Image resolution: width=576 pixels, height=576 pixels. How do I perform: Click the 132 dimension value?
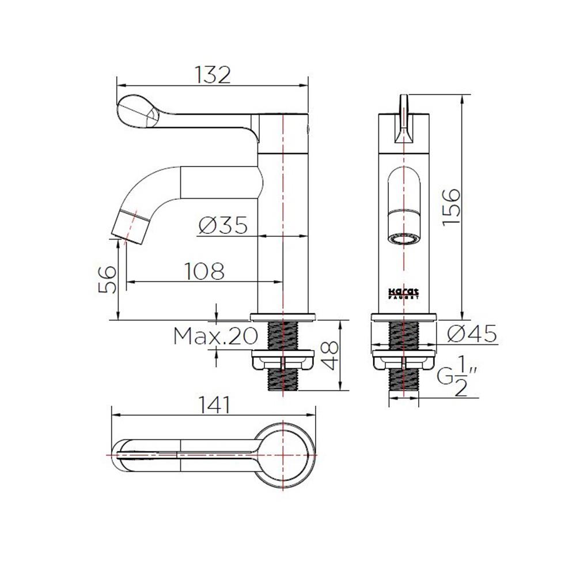pyautogui.click(x=212, y=75)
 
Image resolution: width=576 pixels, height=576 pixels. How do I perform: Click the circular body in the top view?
pyautogui.click(x=283, y=455)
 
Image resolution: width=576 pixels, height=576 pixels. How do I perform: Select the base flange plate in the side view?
pyautogui.click(x=283, y=316)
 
